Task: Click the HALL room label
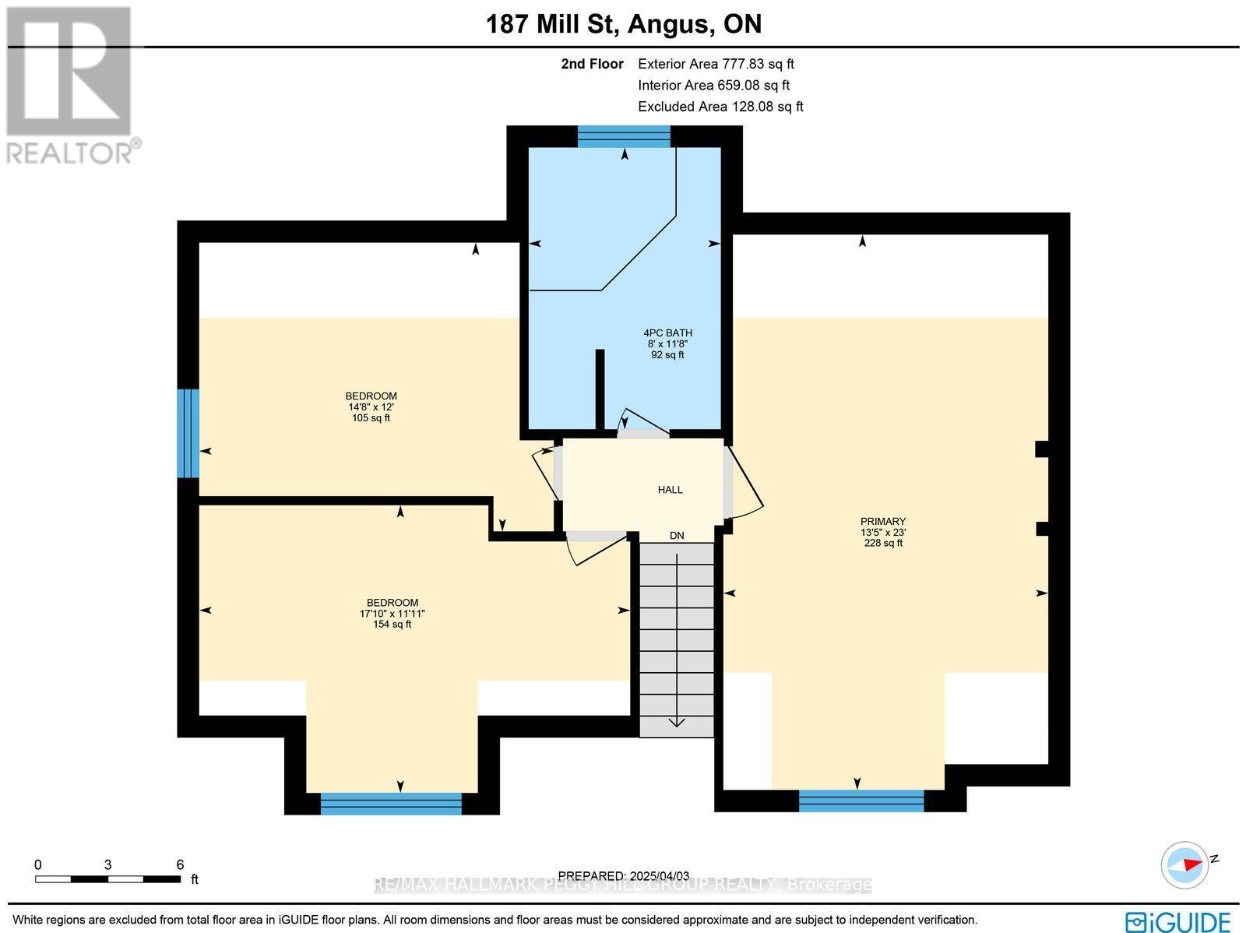pos(670,490)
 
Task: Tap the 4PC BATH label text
pos(667,333)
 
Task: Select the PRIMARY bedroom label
pos(882,522)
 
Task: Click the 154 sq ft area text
pos(392,625)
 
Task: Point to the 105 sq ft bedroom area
pos(371,418)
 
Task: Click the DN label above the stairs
pos(677,536)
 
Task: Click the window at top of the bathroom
pos(624,137)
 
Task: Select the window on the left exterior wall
pos(188,433)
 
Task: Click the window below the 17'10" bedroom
pos(391,803)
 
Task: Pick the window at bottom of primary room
pos(861,801)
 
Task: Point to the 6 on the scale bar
pos(180,864)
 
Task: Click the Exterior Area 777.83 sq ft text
pos(716,65)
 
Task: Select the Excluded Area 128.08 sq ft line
pos(720,107)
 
